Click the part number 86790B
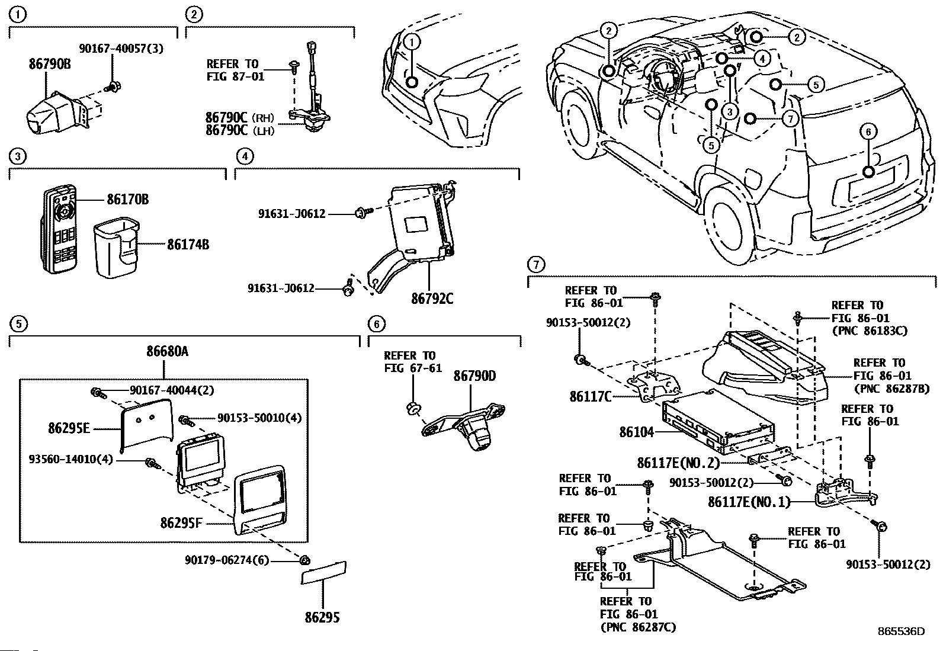50,64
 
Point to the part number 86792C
432,299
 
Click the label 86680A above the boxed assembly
168,351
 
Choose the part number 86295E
69,427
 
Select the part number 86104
637,432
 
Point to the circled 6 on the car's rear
868,132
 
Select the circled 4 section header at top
245,156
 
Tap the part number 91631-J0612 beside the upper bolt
291,214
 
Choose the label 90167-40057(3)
121,49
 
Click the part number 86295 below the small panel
323,618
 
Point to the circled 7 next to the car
791,118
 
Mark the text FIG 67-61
413,368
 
